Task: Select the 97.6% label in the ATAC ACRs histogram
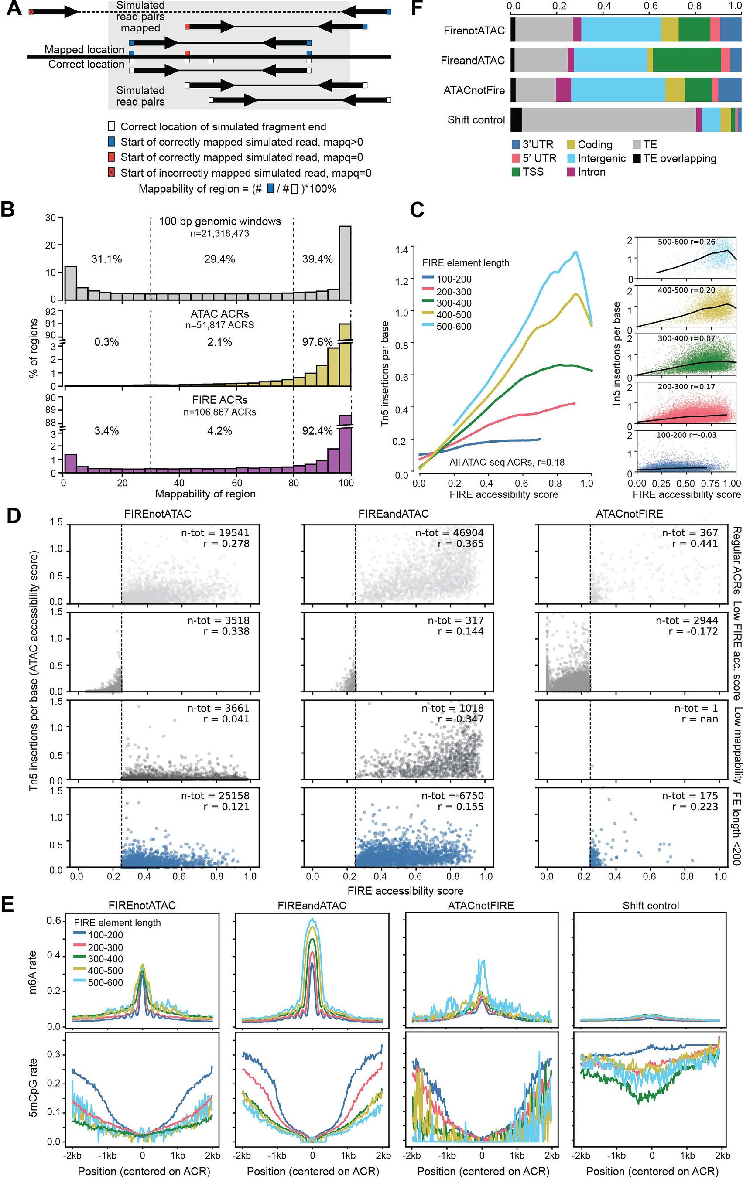[317, 342]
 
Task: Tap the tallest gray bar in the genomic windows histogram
[345, 262]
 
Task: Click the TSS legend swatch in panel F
[516, 172]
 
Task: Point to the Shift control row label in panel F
[476, 120]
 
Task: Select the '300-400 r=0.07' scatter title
[686, 338]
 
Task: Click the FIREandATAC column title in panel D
[393, 514]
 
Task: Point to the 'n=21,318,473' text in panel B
[220, 234]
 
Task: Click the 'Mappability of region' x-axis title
[205, 494]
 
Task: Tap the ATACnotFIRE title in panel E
[480, 905]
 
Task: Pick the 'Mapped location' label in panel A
[84, 49]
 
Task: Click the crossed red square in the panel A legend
[112, 173]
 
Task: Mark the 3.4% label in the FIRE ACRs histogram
[106, 431]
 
